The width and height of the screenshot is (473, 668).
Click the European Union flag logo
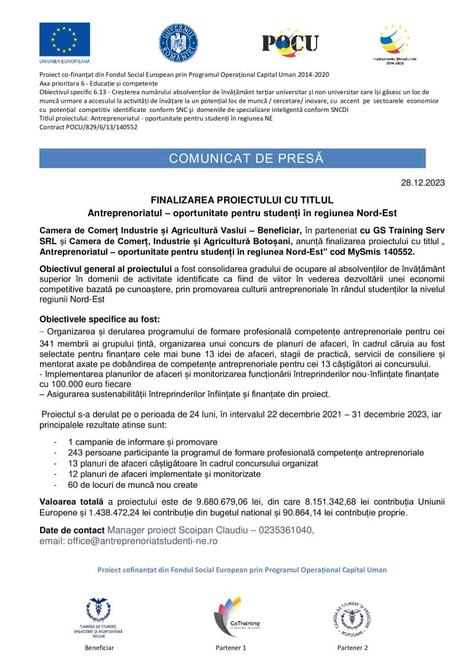[x=65, y=39]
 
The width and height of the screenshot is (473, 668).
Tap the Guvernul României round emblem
[x=178, y=42]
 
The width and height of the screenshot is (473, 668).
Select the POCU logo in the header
[x=290, y=42]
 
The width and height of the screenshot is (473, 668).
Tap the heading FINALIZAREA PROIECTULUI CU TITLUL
[x=242, y=200]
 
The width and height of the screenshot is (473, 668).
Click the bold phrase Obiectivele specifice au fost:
[x=99, y=319]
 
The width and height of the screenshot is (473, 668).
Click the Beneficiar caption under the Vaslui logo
[x=99, y=648]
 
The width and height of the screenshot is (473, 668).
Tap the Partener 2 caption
[x=352, y=648]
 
